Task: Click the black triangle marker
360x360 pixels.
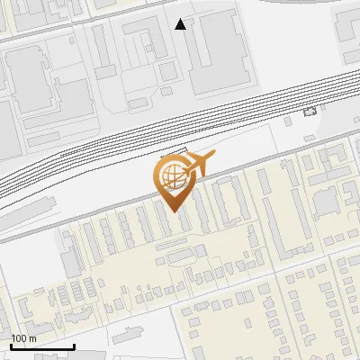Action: click(181, 24)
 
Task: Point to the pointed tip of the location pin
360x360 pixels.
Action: click(175, 212)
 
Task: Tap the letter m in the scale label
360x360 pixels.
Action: click(33, 338)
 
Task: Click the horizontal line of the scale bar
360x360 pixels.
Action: click(42, 346)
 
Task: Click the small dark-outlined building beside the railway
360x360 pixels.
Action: click(310, 112)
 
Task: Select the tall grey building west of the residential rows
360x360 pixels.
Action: click(71, 257)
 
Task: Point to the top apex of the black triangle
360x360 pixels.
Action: click(181, 19)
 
